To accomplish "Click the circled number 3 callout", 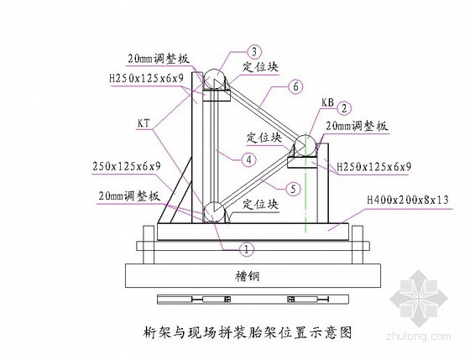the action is [254, 52].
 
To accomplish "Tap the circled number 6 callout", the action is [295, 86].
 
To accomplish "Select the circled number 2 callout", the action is [344, 108].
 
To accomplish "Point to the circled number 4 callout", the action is [249, 159].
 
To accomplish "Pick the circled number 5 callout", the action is [293, 189].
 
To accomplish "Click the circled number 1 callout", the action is [247, 249].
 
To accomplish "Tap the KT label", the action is [144, 123].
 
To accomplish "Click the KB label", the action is [327, 103].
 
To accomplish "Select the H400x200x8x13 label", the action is [408, 200].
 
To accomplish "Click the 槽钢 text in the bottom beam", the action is [247, 276].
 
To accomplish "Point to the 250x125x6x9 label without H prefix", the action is [127, 166].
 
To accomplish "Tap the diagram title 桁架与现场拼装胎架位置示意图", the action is [248, 332].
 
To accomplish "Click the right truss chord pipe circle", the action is [305, 146].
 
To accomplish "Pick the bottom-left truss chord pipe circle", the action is [214, 212].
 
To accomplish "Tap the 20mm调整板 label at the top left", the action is [159, 59].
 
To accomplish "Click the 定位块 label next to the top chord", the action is [260, 66].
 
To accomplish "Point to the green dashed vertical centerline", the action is [305, 181].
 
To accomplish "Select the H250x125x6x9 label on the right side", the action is [374, 167].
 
